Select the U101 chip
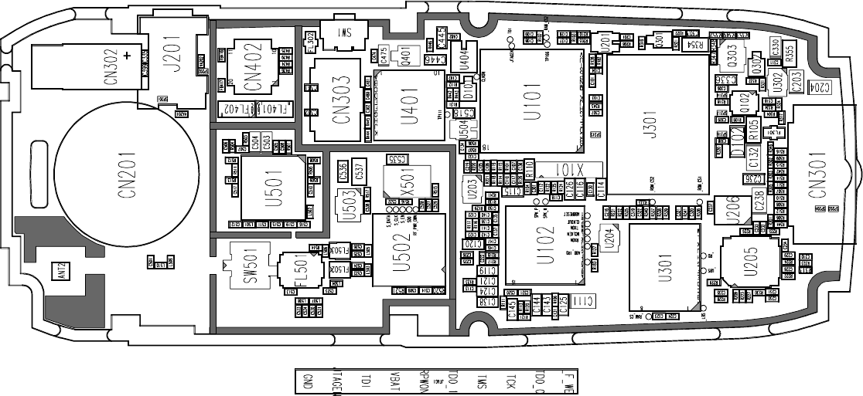[531, 100]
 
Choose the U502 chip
[409, 249]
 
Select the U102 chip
[544, 243]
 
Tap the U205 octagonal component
[750, 262]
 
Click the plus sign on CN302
[126, 55]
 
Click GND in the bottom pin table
[307, 381]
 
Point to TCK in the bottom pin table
[510, 381]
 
